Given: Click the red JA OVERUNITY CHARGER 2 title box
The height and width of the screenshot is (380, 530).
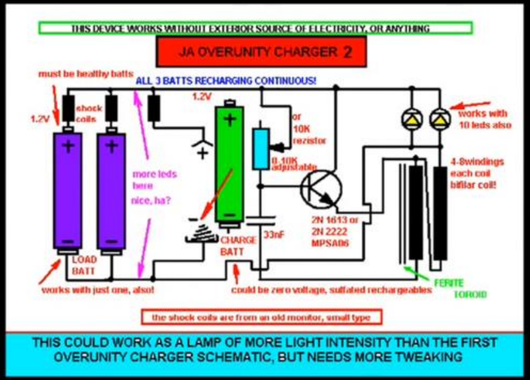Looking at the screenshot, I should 261,52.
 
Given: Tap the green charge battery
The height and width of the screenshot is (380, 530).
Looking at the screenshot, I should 230,165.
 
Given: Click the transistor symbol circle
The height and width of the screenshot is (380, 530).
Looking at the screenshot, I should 322,188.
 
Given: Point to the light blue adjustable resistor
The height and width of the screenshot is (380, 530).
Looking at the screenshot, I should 261,148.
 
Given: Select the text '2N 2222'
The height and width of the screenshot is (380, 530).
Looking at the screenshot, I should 329,232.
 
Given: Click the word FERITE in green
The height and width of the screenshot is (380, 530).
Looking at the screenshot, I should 449,283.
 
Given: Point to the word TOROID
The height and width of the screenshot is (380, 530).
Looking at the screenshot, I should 470,294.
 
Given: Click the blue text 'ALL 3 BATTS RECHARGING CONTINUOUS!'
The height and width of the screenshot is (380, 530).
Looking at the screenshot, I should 226,81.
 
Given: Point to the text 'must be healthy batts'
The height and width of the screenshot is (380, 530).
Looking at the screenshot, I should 86,74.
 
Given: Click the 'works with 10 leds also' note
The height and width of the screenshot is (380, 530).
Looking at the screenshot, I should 484,119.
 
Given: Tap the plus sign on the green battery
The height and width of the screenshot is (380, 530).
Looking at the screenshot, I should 230,119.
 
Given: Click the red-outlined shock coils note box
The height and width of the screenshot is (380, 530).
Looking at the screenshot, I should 261,317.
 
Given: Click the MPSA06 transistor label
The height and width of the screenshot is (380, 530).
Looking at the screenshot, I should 330,243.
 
